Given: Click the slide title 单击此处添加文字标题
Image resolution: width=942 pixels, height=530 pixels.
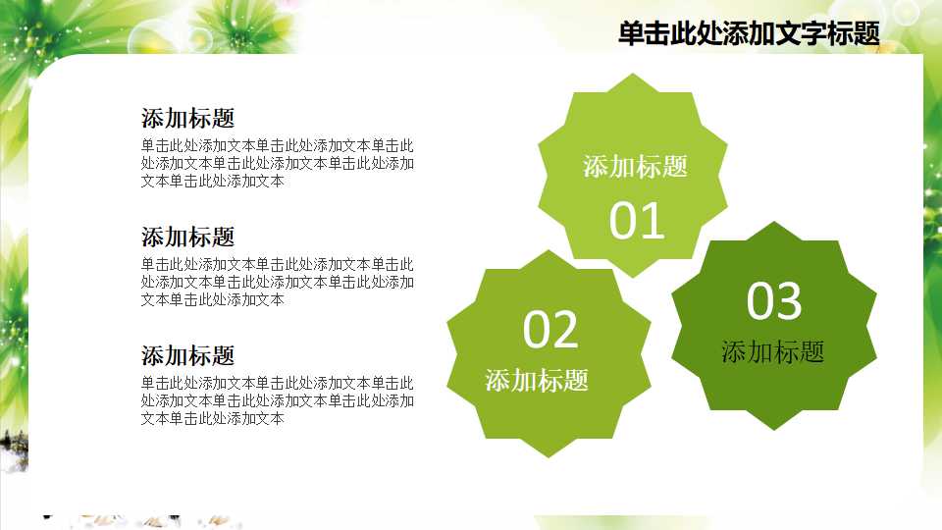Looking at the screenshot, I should tap(749, 34).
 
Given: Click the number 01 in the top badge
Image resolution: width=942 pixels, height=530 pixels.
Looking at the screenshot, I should tap(637, 221).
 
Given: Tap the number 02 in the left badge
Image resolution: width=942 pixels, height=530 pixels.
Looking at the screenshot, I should tap(550, 330).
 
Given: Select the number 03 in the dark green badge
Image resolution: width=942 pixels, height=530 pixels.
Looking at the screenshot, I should tap(774, 301).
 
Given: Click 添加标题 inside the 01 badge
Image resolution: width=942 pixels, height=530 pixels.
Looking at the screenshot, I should tap(635, 167).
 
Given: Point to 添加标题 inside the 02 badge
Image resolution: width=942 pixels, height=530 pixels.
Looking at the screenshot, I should tap(537, 381).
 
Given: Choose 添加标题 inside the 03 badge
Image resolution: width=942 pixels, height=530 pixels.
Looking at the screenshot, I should tap(773, 352).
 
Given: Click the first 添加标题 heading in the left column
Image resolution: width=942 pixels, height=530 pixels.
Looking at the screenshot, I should tap(188, 119).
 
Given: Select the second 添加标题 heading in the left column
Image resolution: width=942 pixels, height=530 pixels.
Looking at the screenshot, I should tap(188, 237).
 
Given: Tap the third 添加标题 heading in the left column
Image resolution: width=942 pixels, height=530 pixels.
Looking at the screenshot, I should tap(188, 355).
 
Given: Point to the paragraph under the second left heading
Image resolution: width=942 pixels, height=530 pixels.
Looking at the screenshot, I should tap(277, 282).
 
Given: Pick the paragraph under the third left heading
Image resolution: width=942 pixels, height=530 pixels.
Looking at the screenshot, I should tap(277, 400).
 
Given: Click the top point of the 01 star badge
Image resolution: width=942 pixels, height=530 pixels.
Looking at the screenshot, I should tap(633, 76).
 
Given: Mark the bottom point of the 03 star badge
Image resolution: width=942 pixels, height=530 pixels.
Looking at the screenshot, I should tap(774, 429).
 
